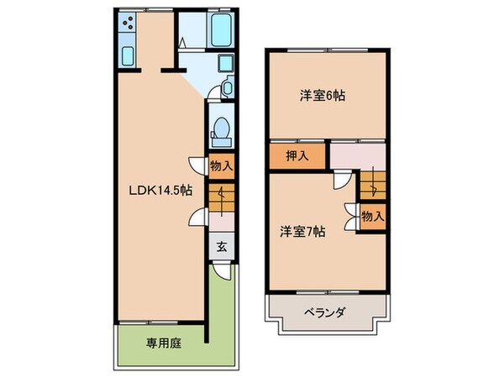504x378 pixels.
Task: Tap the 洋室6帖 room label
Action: [322, 96]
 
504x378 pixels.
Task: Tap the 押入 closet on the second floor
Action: [297, 155]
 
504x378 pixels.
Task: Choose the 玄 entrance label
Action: [221, 247]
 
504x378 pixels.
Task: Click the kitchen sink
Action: [128, 55]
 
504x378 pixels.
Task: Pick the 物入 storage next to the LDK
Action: [221, 166]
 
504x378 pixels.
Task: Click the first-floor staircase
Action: [220, 198]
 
